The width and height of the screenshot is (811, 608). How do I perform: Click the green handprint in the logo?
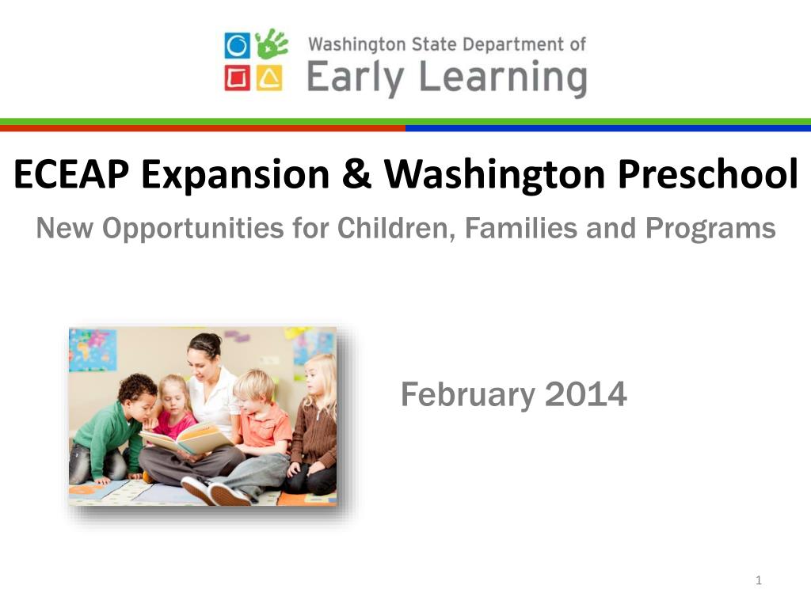[272, 44]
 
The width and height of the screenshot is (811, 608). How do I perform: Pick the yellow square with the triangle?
[270, 78]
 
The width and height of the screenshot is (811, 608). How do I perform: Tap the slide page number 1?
[758, 582]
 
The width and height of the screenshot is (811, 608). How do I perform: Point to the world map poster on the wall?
[93, 349]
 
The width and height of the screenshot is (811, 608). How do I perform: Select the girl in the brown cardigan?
[314, 431]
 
